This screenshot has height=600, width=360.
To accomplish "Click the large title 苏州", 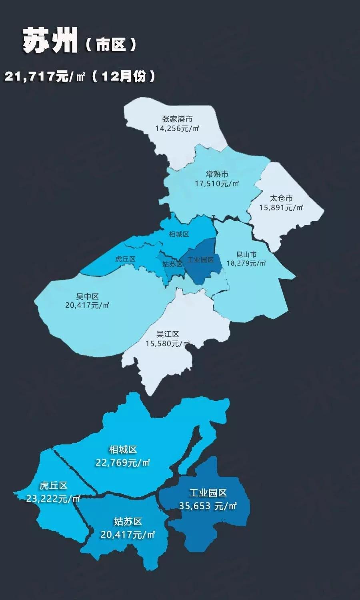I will coord(50,41).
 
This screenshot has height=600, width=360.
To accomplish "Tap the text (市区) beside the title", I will coord(111,45).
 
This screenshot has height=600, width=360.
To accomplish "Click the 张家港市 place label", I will coord(177,119).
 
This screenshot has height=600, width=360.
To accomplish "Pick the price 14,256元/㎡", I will coord(177,128).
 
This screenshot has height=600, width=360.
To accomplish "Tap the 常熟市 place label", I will coord(217,174).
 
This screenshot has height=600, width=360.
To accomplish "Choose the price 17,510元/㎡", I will coord(217,184).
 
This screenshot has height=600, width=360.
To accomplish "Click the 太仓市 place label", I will coord(281,198).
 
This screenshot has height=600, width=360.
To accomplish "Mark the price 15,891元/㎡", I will coord(281,208).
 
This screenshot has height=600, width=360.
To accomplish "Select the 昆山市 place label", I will coord(246,254).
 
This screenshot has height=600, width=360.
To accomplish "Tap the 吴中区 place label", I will coord(87,296).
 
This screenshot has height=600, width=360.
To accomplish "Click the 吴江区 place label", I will coord(168,334).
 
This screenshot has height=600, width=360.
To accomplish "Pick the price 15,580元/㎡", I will coord(168,344).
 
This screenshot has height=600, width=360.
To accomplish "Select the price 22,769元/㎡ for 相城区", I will coord(123,463).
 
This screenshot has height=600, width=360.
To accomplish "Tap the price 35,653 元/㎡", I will coord(208,506).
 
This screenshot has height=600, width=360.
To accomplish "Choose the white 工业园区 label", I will coord(208,493).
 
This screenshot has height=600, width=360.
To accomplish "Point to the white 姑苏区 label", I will coord(128,522).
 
